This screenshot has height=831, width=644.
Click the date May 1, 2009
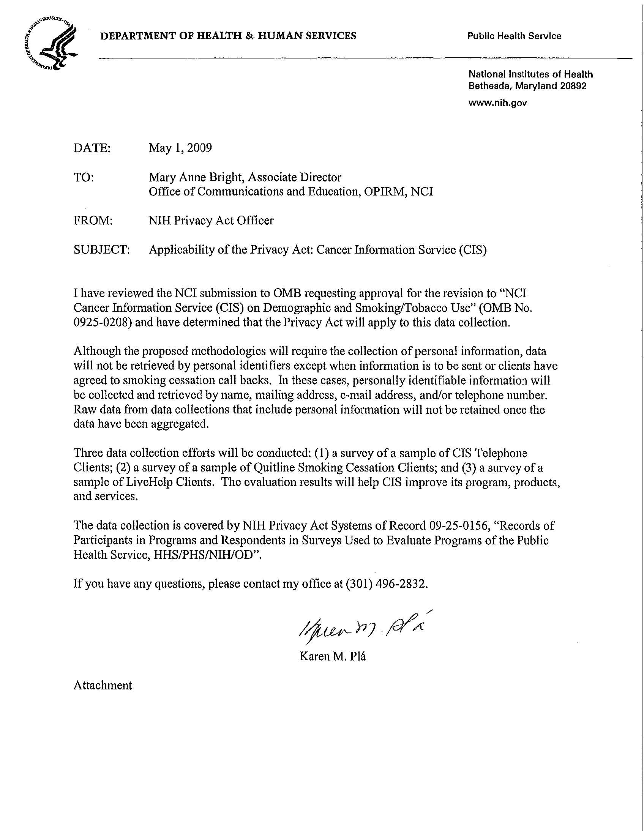pyautogui.click(x=180, y=148)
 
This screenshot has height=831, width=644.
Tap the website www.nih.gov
pyautogui.click(x=497, y=103)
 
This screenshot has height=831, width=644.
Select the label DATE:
pyautogui.click(x=92, y=148)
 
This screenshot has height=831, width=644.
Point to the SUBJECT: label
pyautogui.click(x=102, y=250)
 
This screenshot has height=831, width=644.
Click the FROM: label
pyautogui.click(x=93, y=221)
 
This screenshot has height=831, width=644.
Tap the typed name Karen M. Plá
pyautogui.click(x=333, y=656)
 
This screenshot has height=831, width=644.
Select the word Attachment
pyautogui.click(x=103, y=685)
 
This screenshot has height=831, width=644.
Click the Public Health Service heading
pyautogui.click(x=514, y=36)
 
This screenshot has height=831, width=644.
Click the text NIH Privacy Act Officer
pyautogui.click(x=211, y=221)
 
